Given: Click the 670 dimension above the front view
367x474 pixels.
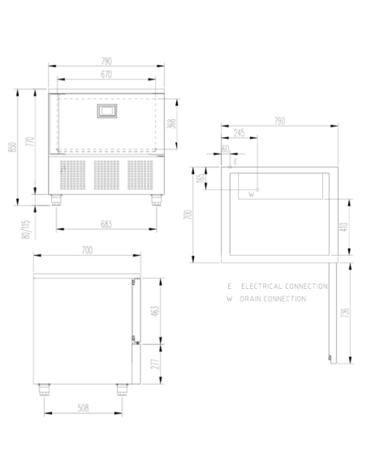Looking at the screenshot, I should coord(106,75).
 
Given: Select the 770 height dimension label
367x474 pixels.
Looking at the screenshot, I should coord(28,141).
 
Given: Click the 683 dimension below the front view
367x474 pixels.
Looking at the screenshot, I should coord(106,223).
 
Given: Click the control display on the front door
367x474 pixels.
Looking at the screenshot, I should coord(106,112).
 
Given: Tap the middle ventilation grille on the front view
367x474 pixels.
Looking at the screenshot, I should coord(106,175).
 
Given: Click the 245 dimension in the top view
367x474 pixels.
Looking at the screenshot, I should coord(239,131).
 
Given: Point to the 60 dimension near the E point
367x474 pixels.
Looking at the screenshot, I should coord(225,149).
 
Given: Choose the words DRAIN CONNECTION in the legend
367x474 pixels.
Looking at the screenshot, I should coord(273,299).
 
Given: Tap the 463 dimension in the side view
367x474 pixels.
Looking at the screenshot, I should coord(154,309).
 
